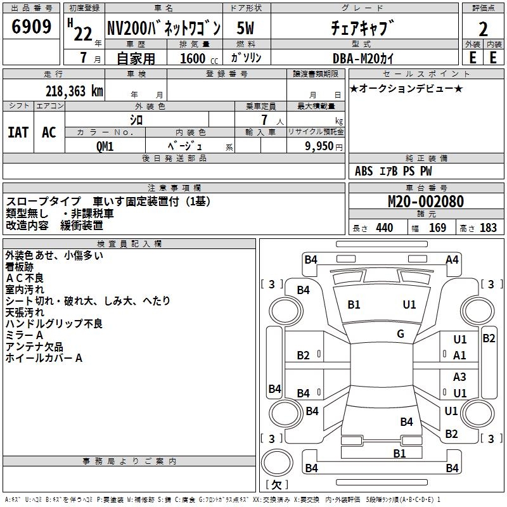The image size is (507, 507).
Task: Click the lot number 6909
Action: click(x=32, y=28)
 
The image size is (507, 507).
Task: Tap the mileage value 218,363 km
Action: click(x=74, y=91)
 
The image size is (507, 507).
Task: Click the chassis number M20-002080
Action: click(x=425, y=202)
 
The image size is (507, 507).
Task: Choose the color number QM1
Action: click(x=105, y=146)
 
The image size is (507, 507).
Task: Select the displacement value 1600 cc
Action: click(x=197, y=58)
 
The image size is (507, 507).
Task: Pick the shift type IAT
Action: click(x=18, y=132)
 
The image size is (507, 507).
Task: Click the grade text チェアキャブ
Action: click(x=363, y=28)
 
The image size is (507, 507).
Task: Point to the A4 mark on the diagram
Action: click(x=452, y=259)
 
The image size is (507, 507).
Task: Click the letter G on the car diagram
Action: click(x=401, y=333)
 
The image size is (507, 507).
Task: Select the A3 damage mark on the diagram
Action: click(x=459, y=377)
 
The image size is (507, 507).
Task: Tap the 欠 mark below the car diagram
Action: click(x=276, y=484)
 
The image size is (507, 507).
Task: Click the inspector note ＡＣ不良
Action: click(x=25, y=278)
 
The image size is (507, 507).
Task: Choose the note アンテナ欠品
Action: click(x=34, y=347)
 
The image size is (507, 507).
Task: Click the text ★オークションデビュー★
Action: click(x=406, y=88)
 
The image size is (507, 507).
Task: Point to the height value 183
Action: click(x=488, y=228)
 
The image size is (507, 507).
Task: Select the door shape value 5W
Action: click(x=247, y=28)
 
